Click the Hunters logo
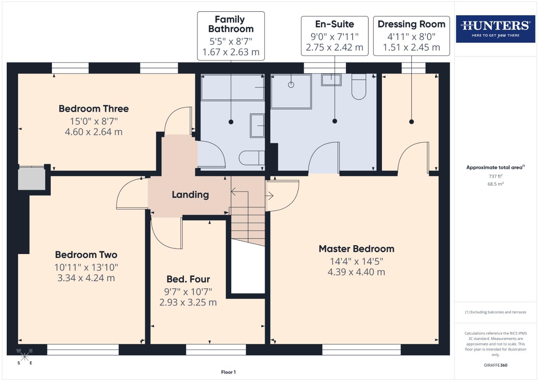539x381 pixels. pos(495,29)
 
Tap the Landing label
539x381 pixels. pos(190,195)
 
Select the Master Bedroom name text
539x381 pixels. pos(356,249)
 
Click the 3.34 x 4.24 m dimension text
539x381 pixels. pos(86,278)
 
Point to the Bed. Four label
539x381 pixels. pos(188,279)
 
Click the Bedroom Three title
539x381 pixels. pos(94,109)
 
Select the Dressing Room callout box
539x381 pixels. pos(411,36)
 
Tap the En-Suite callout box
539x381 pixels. pos(334,36)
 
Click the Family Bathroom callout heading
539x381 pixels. pos(230,24)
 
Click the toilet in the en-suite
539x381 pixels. pos(359,87)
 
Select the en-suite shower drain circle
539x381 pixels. pos(291,85)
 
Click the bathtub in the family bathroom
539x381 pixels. pos(232,87)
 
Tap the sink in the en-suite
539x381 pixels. pos(331,80)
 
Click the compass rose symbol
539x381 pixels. pos(24,357)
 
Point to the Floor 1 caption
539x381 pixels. pos(228,372)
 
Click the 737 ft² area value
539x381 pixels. pos(495,176)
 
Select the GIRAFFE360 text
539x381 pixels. pos(495,365)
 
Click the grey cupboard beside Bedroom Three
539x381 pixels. pos(32,179)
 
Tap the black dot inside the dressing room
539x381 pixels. pos(411,122)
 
